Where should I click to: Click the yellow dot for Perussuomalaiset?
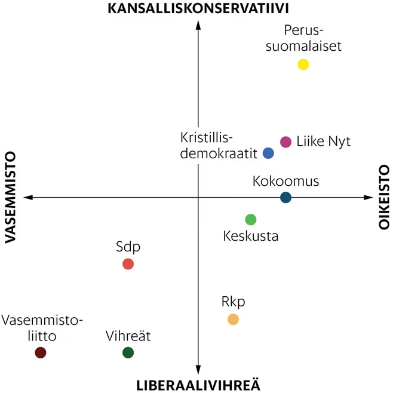click(x=303, y=65)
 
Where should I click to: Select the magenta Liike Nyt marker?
click(x=285, y=142)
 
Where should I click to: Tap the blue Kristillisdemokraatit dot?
click(x=269, y=153)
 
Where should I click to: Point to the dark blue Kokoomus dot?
click(x=285, y=198)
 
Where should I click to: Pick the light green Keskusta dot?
click(x=251, y=220)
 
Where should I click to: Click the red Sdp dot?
click(x=128, y=264)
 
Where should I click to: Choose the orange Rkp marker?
click(x=233, y=319)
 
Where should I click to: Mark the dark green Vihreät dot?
click(x=128, y=352)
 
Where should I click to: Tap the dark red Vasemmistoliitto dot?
click(x=41, y=352)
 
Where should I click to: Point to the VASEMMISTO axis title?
click(x=10, y=197)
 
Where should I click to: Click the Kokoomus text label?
click(x=285, y=181)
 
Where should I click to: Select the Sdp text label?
click(x=128, y=247)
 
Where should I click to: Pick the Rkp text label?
click(x=233, y=302)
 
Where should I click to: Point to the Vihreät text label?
click(x=128, y=336)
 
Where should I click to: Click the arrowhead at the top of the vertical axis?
click(x=198, y=25)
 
